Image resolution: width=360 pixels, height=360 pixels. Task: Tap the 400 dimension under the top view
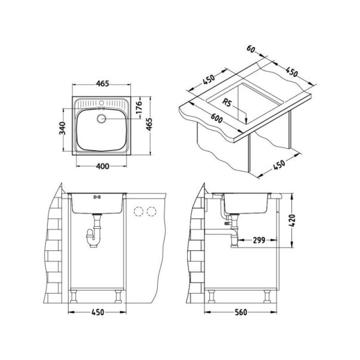(x=102, y=166)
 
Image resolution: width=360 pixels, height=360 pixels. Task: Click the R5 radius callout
(x=226, y=103)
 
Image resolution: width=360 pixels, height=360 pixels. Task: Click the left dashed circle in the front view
(x=139, y=211)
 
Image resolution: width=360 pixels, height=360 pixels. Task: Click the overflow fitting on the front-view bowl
(x=98, y=196)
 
